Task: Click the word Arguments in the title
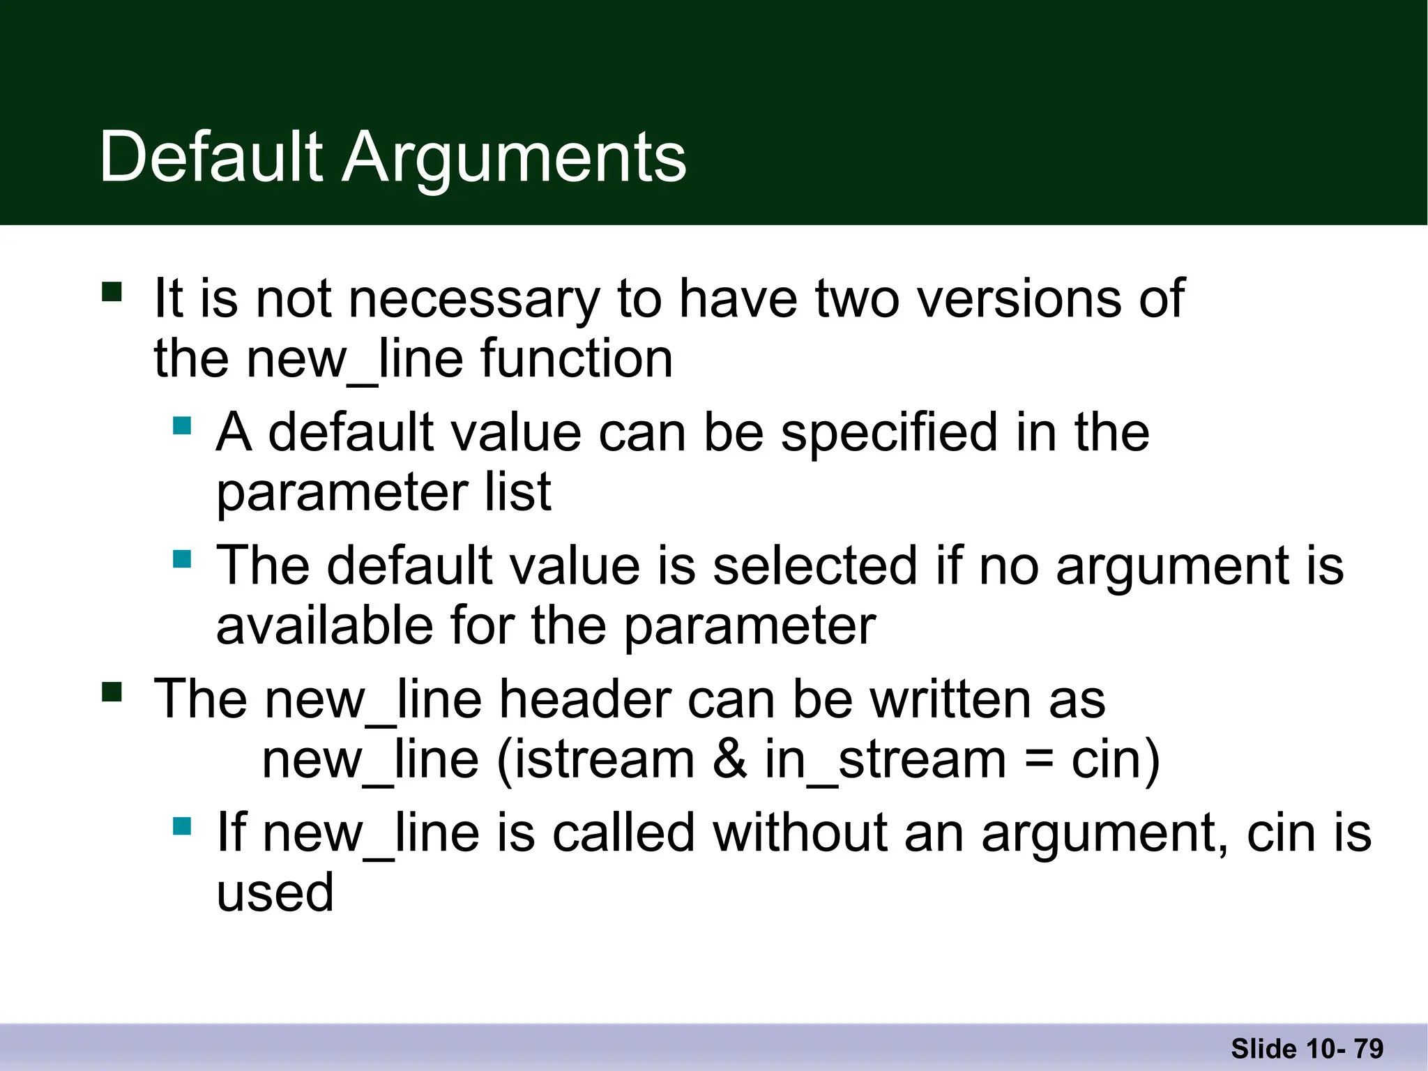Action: point(514,158)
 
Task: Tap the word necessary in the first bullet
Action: point(473,299)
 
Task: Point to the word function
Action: point(577,359)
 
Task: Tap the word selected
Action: point(814,565)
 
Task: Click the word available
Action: point(324,625)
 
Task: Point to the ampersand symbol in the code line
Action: point(729,759)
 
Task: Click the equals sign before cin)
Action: point(1039,761)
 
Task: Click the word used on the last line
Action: point(275,892)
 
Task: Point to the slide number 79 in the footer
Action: point(1369,1049)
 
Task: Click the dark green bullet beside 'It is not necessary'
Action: point(112,291)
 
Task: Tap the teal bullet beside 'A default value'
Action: point(182,425)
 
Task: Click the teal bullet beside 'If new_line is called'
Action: point(182,826)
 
